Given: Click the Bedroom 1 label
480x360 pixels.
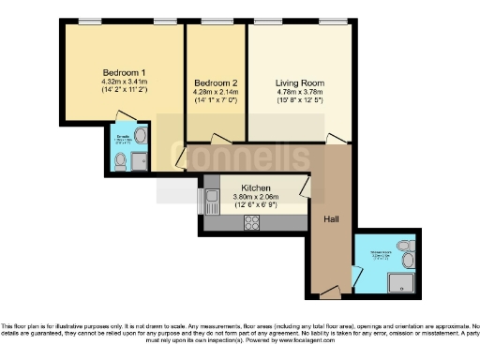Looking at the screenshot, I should pos(124,72).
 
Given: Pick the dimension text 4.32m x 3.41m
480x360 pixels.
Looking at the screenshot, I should pos(124,82).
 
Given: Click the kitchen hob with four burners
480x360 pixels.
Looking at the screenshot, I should pos(252,222).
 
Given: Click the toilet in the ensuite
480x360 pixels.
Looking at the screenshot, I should pos(119,161).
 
